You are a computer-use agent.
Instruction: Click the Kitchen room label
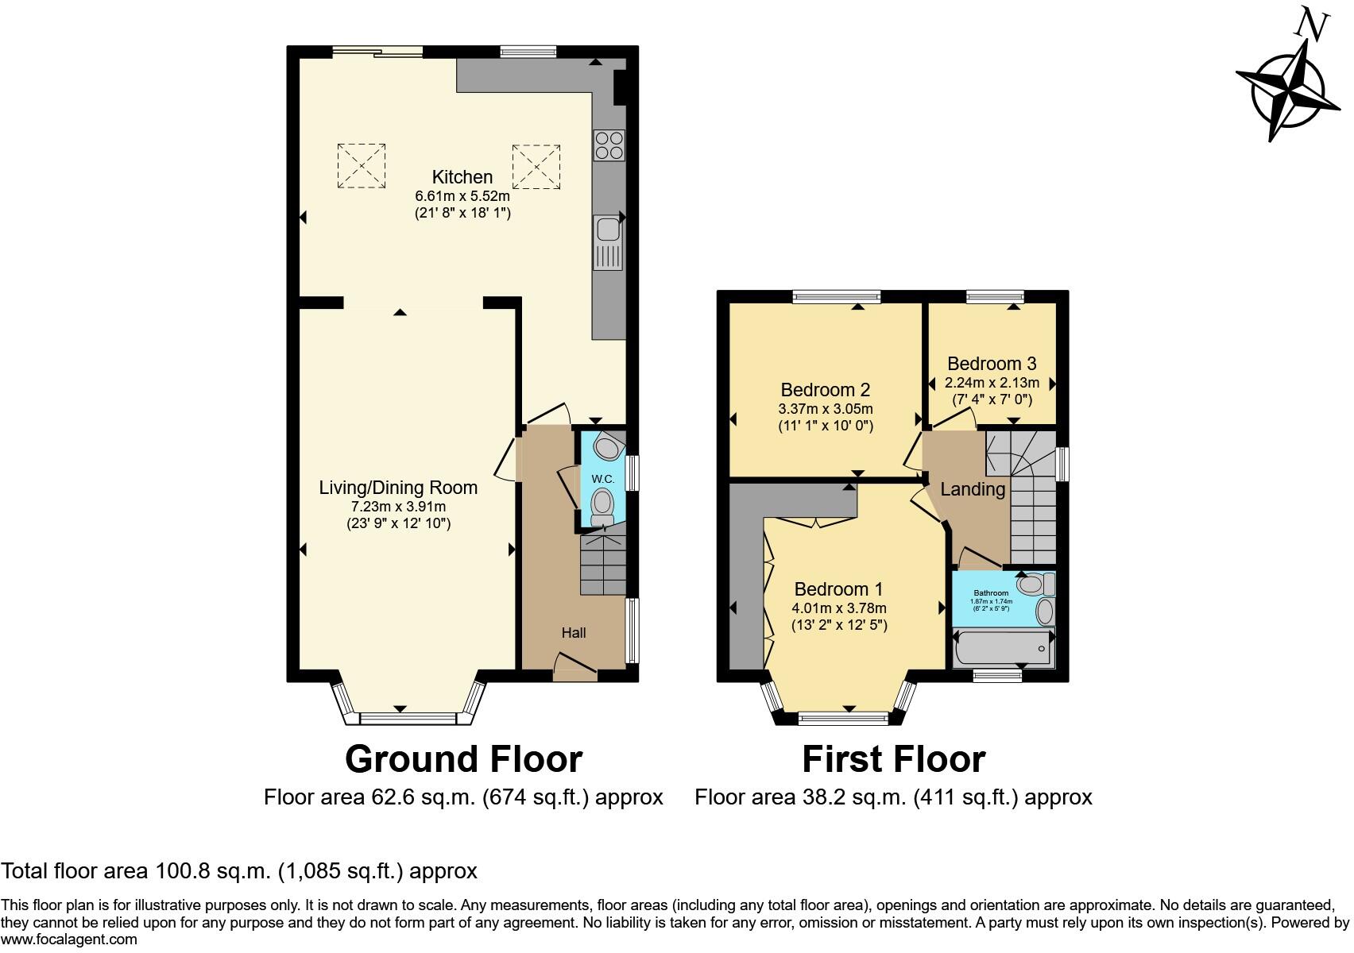pyautogui.click(x=462, y=177)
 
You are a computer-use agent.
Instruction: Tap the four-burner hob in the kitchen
pyautogui.click(x=609, y=145)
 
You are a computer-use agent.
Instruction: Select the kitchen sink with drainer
pyautogui.click(x=609, y=242)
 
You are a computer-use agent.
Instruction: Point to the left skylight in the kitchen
pyautogui.click(x=362, y=165)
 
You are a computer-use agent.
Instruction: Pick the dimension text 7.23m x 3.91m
pyautogui.click(x=398, y=506)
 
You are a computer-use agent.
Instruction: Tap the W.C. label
pyautogui.click(x=602, y=479)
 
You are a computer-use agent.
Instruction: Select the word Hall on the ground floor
pyautogui.click(x=574, y=632)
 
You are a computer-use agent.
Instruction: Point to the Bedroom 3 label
pyautogui.click(x=992, y=364)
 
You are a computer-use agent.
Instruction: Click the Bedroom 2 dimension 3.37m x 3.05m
pyautogui.click(x=825, y=409)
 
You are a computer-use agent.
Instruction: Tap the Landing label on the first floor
pyautogui.click(x=973, y=489)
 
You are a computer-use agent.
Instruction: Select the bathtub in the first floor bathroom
pyautogui.click(x=1003, y=647)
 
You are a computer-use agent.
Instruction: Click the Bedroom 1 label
pyautogui.click(x=838, y=589)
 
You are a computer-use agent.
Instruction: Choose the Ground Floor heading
pyautogui.click(x=463, y=759)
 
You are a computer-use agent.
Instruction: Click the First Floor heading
pyautogui.click(x=893, y=759)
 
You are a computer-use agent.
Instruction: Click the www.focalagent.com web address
pyautogui.click(x=69, y=939)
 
